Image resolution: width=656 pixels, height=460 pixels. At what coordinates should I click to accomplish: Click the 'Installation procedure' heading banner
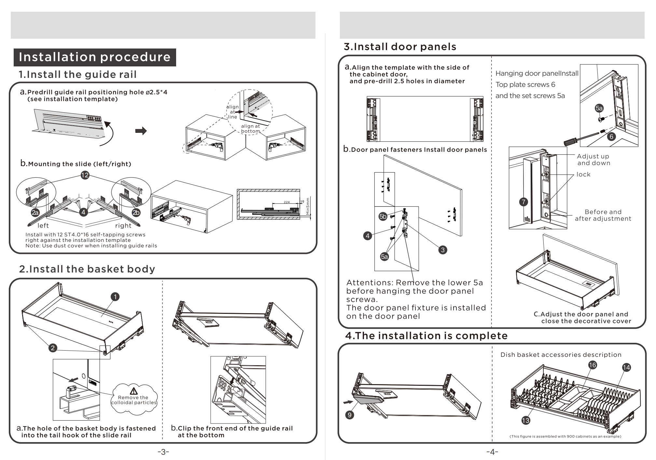(95, 57)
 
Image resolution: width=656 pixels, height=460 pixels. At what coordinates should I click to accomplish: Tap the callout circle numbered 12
(85, 175)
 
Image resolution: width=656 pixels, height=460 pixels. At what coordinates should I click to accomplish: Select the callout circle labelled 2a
(35, 213)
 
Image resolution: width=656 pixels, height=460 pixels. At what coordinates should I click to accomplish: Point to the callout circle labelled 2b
(136, 213)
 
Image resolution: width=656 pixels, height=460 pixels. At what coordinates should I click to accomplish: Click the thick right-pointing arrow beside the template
(141, 131)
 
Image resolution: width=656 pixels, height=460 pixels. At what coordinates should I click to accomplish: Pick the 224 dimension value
(286, 202)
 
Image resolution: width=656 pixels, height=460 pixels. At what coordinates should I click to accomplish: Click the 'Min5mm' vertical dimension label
(308, 206)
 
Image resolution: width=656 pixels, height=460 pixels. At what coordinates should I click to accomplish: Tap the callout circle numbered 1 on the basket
(115, 297)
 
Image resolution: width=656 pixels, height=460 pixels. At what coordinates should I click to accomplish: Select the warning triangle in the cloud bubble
(133, 391)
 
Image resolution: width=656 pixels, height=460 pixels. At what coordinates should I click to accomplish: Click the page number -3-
(163, 452)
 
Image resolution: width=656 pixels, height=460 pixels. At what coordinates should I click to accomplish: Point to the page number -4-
(492, 452)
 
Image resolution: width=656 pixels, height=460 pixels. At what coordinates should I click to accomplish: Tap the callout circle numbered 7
(523, 202)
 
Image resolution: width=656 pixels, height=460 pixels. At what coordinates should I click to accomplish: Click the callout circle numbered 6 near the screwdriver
(611, 136)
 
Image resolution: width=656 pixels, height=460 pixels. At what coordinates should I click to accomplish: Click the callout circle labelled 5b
(383, 216)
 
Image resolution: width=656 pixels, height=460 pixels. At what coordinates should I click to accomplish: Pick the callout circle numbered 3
(442, 250)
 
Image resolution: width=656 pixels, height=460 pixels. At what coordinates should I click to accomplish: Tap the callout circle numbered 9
(350, 415)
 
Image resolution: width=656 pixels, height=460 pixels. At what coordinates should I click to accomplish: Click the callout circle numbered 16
(592, 365)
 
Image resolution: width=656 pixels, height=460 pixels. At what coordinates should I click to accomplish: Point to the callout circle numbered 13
(525, 420)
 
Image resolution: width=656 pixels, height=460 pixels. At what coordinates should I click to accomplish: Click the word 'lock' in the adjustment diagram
(583, 174)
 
